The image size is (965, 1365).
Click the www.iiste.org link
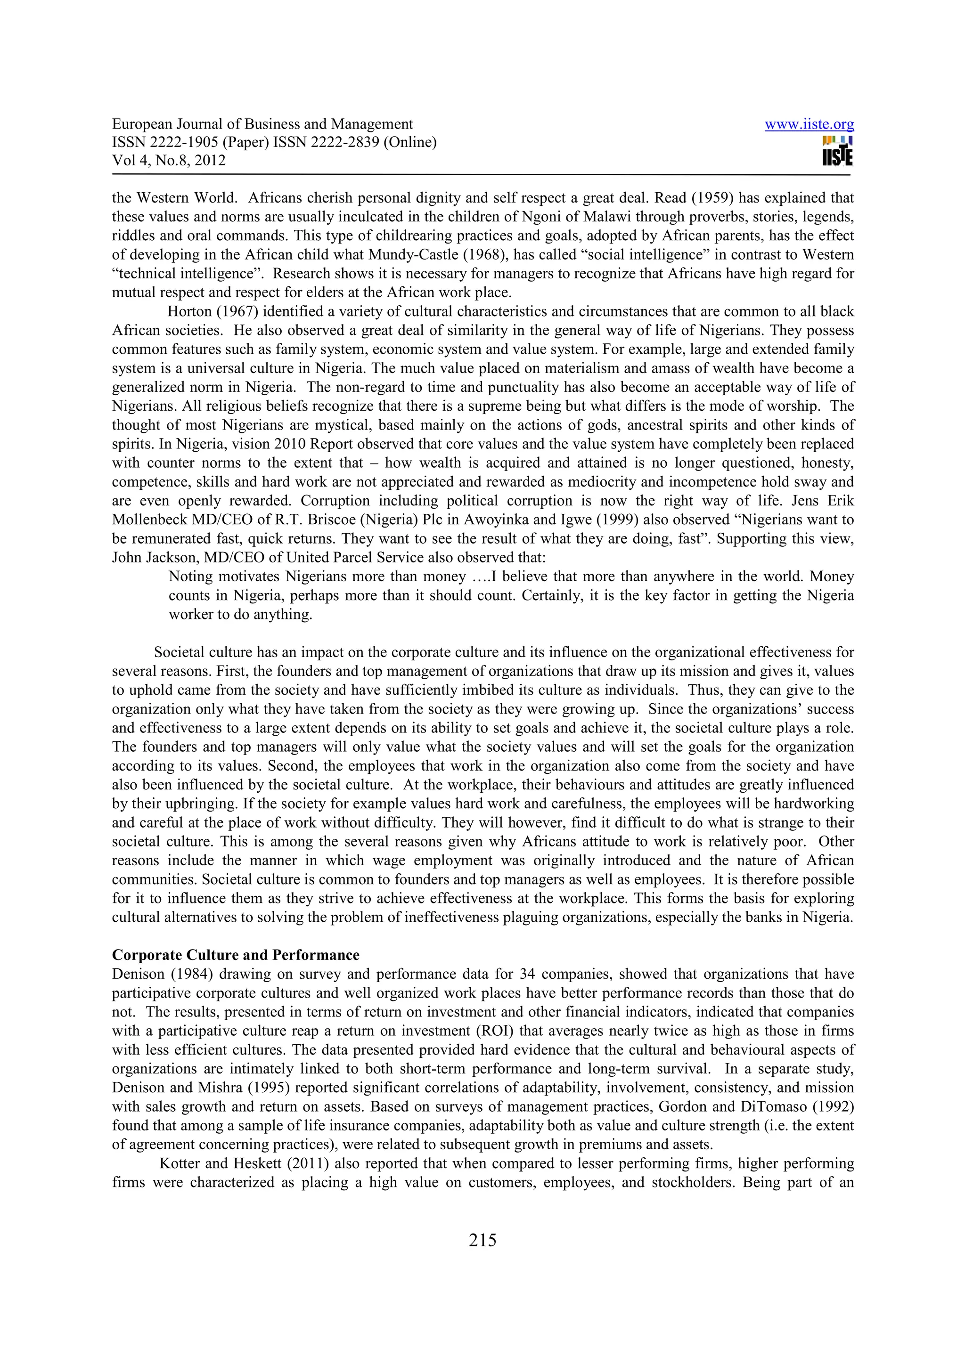coord(809,125)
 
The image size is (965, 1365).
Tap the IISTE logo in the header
coord(837,151)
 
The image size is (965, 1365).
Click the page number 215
coord(482,1240)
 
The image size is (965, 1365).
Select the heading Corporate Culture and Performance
coord(236,955)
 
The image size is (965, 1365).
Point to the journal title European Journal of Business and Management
coord(262,124)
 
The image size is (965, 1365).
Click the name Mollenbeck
coord(149,520)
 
